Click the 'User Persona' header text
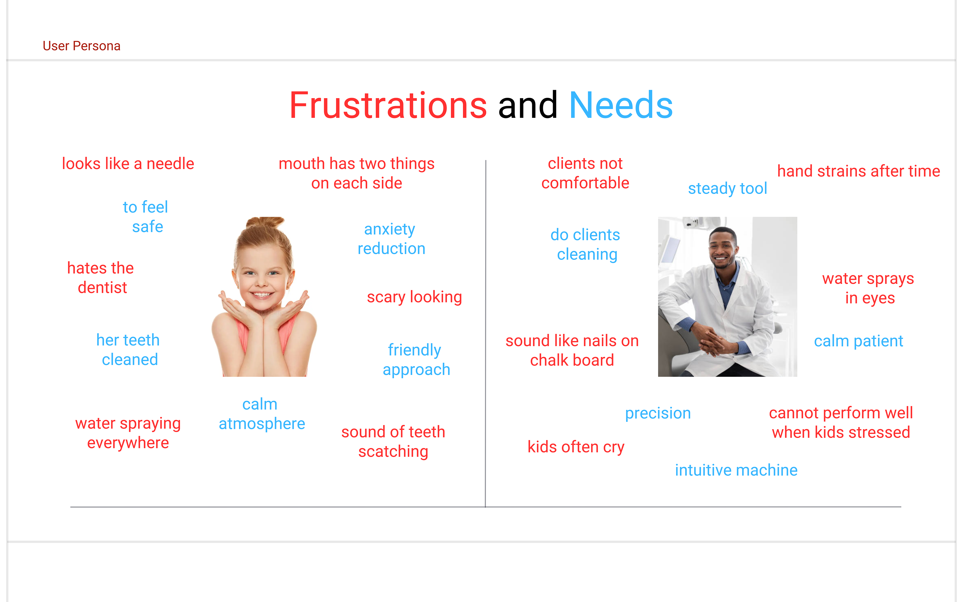coord(82,46)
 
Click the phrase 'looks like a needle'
coord(128,164)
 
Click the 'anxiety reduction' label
coord(391,239)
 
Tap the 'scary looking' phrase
coord(414,297)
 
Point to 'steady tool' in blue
coord(728,188)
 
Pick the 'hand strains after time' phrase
coord(858,171)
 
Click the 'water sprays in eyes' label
coord(868,288)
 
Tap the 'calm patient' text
coord(858,341)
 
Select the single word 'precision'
coord(658,413)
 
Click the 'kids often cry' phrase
coord(576,447)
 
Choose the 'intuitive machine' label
coord(736,470)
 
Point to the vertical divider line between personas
coord(486,334)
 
